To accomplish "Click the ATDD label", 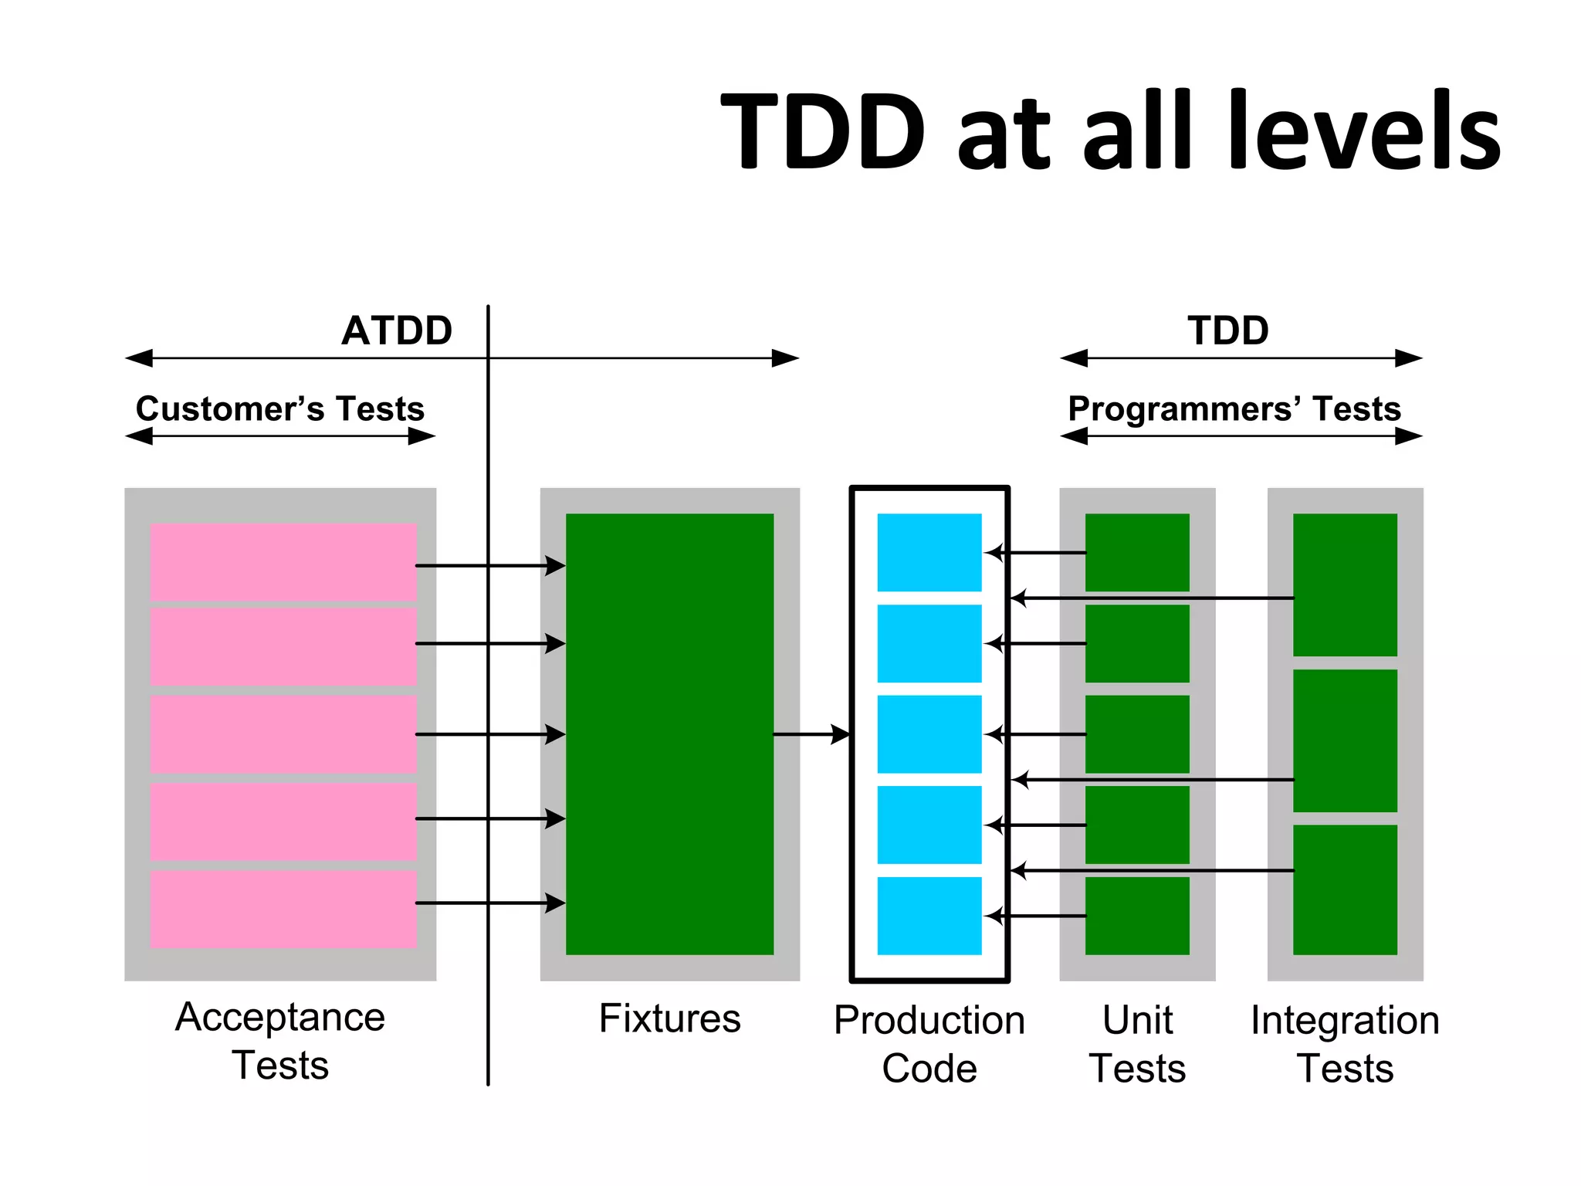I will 397,330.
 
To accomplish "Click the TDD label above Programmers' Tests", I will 1227,330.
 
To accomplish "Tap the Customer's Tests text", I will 280,408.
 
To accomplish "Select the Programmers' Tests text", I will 1234,408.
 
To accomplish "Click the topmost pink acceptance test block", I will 283,561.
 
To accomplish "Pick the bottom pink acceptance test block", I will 283,909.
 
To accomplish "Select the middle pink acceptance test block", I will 283,734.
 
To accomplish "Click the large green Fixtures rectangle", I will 669,734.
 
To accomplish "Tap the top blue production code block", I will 929,552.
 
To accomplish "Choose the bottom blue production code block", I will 929,915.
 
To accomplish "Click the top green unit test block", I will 1137,552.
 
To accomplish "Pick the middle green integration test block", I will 1345,740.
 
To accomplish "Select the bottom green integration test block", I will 1345,889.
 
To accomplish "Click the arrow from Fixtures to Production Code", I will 811,734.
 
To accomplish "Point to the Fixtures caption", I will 669,1018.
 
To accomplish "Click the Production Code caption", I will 929,1043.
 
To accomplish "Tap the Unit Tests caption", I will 1137,1043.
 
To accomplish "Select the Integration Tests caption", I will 1345,1043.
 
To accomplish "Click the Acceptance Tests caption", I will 280,1040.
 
